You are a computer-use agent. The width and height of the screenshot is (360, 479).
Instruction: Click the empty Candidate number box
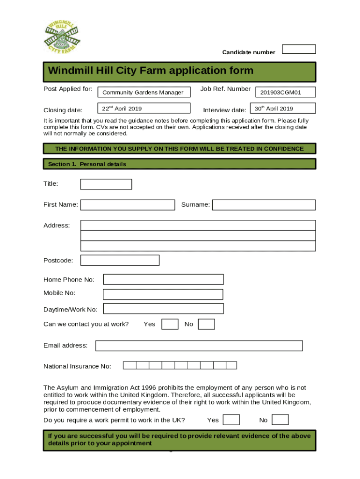pos(299,49)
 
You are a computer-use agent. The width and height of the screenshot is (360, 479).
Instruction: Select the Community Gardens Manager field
pos(144,92)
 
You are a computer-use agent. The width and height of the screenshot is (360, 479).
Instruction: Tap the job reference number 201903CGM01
pos(285,92)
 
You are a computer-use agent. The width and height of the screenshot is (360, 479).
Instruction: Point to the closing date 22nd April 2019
pos(144,109)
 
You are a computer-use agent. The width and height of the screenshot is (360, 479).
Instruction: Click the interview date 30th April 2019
pos(283,109)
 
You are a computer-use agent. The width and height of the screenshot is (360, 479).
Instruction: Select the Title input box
pos(106,184)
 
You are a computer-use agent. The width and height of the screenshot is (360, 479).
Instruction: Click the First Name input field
pos(128,205)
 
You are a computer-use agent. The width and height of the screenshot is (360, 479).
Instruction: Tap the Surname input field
pos(264,205)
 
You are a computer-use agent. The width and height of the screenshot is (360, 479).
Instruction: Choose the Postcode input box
pos(120,260)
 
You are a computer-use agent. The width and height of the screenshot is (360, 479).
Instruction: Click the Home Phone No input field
pos(163,279)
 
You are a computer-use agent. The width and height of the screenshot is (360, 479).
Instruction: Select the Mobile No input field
pos(163,294)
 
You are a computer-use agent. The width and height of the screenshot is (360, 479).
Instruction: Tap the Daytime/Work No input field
pos(163,309)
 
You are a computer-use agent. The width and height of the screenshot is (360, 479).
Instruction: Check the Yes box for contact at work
pos(170,324)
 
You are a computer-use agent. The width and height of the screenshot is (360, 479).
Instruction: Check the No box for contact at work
pos(206,324)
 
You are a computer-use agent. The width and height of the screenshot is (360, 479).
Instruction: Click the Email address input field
pos(199,346)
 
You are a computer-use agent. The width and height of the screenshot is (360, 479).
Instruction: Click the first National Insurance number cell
pos(130,365)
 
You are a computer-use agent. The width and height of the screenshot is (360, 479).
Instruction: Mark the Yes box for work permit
pos(231,420)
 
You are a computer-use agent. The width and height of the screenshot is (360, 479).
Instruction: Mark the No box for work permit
pos(280,420)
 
